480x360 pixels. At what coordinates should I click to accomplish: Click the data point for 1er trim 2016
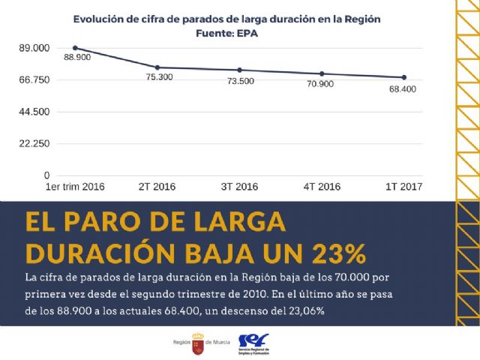(x=75, y=48)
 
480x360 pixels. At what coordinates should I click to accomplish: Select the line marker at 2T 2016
(x=157, y=67)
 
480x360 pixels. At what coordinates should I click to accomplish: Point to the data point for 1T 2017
(x=403, y=77)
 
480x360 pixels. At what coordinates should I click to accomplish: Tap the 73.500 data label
(x=241, y=80)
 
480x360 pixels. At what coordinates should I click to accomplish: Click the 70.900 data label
(x=320, y=84)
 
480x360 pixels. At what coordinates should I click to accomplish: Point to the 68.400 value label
(x=403, y=88)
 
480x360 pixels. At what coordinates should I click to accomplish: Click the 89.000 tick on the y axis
(x=34, y=48)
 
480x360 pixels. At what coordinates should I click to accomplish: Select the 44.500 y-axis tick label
(x=34, y=112)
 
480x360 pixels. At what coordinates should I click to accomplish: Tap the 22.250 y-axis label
(x=34, y=143)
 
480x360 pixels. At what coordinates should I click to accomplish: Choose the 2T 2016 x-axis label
(x=157, y=186)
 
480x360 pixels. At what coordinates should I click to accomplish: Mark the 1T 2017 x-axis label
(x=403, y=186)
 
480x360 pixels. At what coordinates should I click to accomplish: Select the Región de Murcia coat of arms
(x=199, y=341)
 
